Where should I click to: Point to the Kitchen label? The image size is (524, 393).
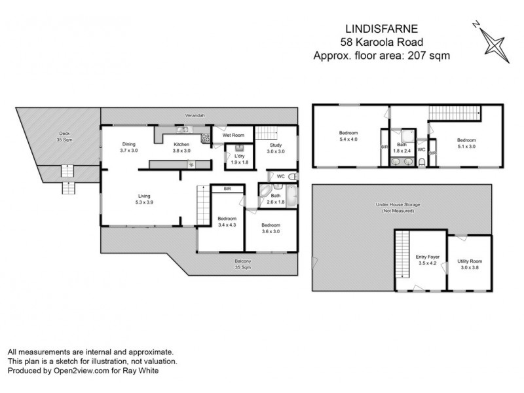pyautogui.click(x=181, y=145)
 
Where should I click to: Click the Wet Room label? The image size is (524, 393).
pyautogui.click(x=233, y=135)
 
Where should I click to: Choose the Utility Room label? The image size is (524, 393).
pyautogui.click(x=468, y=261)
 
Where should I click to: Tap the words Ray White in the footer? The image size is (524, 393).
pyautogui.click(x=144, y=370)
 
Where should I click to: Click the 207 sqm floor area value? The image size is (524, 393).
pyautogui.click(x=432, y=56)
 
